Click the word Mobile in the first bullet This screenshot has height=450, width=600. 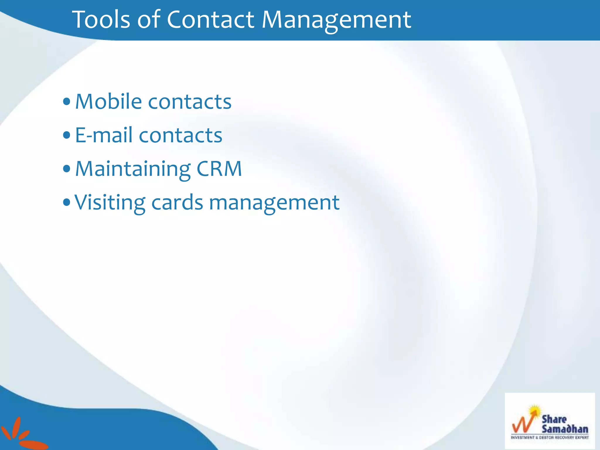(109, 101)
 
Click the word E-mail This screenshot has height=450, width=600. (104, 135)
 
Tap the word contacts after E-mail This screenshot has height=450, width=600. (180, 136)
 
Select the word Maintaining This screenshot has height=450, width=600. (133, 169)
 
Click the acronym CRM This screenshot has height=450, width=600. (219, 169)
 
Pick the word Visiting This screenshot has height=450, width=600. (110, 203)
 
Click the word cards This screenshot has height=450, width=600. (177, 202)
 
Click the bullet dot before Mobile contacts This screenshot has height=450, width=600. (67, 102)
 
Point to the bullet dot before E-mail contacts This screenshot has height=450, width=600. (67, 135)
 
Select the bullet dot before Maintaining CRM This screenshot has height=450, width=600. (67, 169)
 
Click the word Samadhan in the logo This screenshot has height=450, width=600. (565, 429)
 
